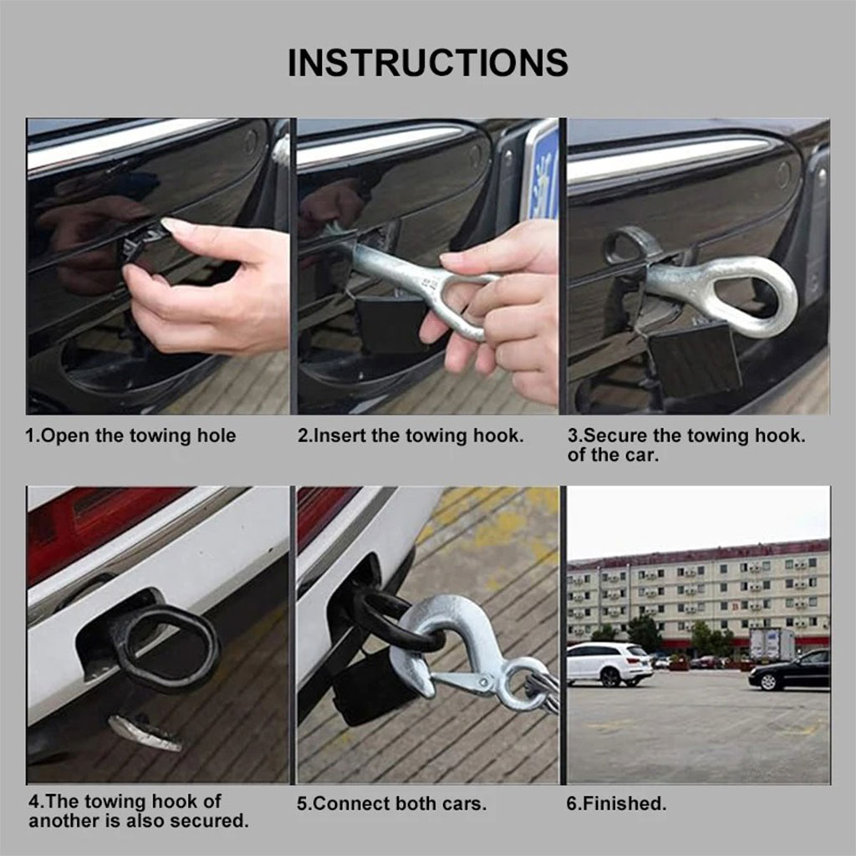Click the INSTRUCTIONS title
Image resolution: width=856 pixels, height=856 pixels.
[x=428, y=63]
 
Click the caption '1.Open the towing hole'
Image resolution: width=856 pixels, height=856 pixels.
[x=130, y=436]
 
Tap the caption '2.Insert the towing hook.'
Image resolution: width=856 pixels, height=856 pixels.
[x=410, y=436]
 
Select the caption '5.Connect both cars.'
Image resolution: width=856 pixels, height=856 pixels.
[x=391, y=803]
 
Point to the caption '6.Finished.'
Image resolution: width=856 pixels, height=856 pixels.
[x=616, y=803]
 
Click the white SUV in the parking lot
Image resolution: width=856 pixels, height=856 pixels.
[x=609, y=663]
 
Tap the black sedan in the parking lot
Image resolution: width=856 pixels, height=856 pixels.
[x=789, y=670]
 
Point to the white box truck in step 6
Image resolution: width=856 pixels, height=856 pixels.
[x=772, y=644]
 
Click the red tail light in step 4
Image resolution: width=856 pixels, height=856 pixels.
[x=93, y=524]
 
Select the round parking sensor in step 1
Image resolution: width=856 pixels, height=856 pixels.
[x=252, y=142]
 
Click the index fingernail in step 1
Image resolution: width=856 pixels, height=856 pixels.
[x=174, y=225]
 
